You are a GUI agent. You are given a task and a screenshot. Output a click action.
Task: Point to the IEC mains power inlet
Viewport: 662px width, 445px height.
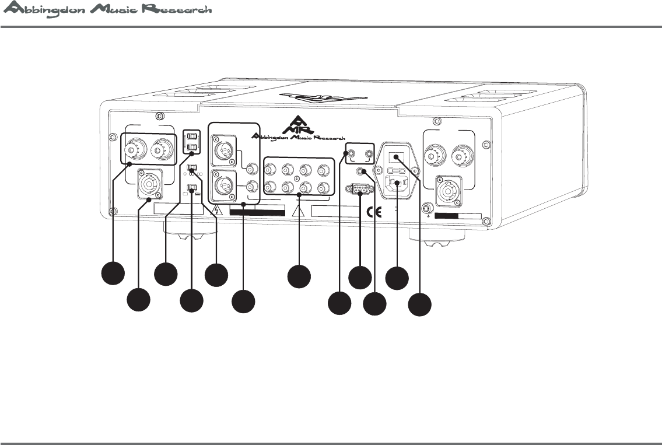(397, 185)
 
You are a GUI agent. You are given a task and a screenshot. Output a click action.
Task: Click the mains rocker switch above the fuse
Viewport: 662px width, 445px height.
(396, 157)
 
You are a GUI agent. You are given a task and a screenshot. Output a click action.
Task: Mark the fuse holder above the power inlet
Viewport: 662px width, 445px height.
(397, 171)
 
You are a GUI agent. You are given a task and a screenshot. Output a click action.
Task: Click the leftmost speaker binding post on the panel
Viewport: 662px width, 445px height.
(135, 149)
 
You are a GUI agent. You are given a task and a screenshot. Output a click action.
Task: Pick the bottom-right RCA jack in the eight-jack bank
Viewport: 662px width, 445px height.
(324, 188)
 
